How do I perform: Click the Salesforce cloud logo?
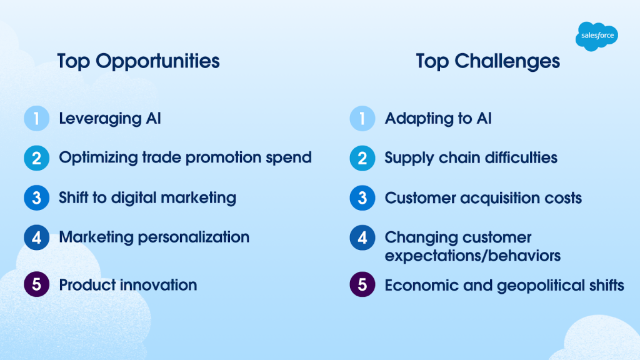coord(597,36)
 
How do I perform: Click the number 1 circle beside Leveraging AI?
coord(36,118)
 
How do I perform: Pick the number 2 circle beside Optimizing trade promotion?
coord(36,158)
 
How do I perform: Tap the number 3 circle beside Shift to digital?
coord(36,198)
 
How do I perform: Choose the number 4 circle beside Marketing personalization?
coord(36,237)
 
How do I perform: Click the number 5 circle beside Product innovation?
coord(36,284)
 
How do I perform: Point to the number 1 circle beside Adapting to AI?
coord(362,118)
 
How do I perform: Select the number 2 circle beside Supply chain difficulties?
coord(362,158)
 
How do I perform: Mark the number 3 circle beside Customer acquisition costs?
coord(362,198)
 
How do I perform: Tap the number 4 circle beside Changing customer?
coord(362,237)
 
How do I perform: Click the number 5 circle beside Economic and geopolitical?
coord(362,284)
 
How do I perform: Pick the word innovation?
coord(158,285)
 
